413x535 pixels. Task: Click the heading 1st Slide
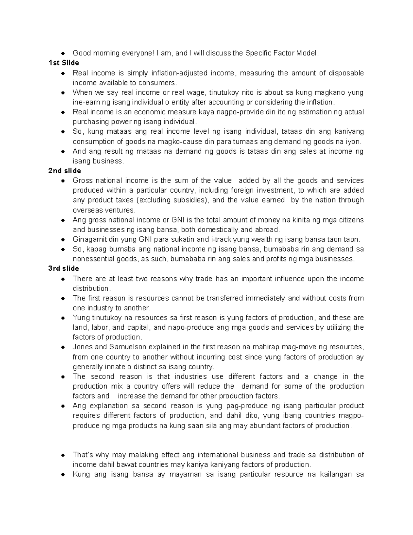(64, 63)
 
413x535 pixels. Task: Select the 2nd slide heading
(65, 171)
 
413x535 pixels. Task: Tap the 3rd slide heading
(64, 268)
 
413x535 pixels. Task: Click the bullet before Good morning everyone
(63, 53)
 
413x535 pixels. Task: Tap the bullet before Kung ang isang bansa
(63, 474)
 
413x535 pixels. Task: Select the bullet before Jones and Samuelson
(63, 347)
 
